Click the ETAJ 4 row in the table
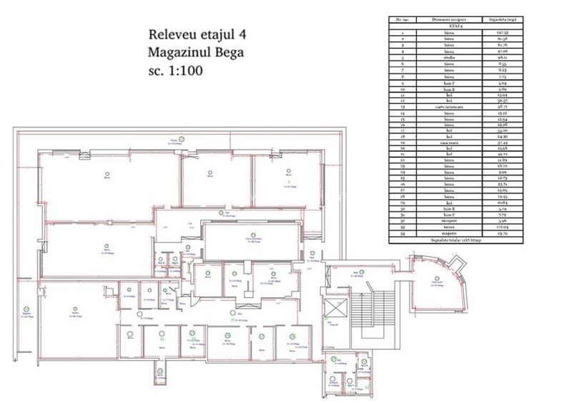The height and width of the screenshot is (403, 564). point(450,27)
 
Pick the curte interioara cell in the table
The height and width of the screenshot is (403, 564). point(449,106)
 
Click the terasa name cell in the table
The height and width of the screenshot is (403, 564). point(449,228)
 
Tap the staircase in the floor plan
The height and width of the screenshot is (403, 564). point(372,308)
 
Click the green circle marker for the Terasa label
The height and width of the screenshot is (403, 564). point(182,137)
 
